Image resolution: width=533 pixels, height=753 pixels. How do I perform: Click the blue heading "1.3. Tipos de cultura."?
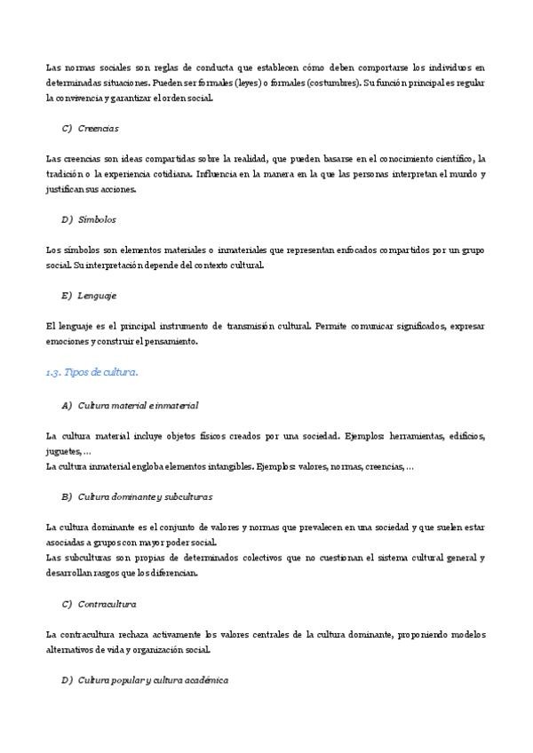click(91, 372)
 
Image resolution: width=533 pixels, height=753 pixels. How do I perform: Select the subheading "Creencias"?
click(98, 128)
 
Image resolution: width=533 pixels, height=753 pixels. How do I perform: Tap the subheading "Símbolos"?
click(97, 218)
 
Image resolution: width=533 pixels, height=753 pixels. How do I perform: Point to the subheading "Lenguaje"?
click(98, 295)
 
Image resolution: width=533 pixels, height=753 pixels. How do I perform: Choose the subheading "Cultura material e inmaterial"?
click(138, 405)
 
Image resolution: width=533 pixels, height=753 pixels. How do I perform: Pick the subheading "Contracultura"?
click(107, 604)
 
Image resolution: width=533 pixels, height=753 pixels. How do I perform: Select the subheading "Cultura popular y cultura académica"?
click(153, 680)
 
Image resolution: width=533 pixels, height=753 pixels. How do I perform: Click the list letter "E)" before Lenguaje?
click(67, 295)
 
